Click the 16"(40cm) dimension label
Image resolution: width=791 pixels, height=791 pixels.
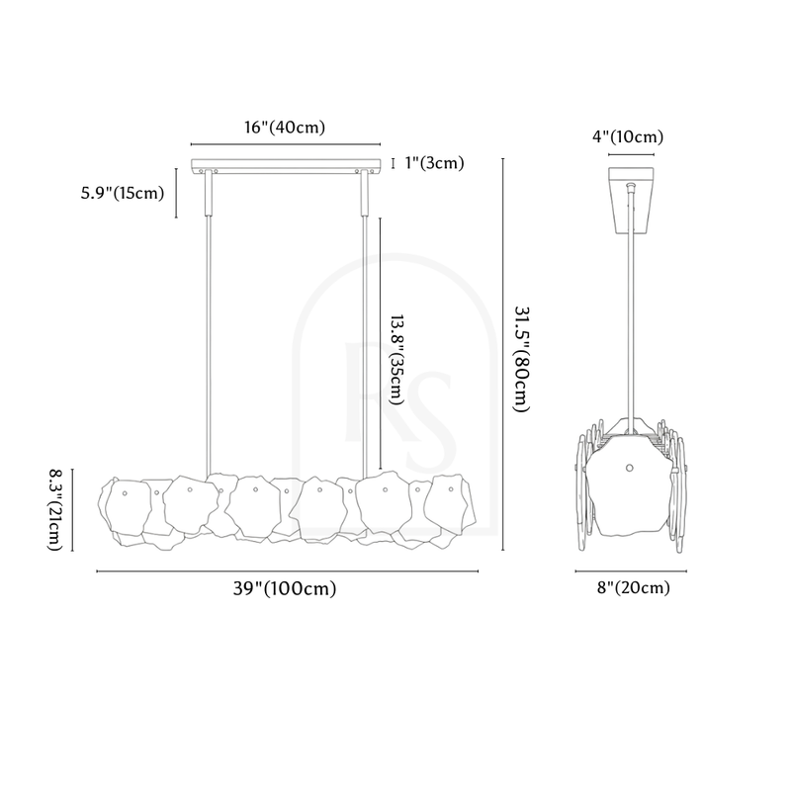tap(285, 128)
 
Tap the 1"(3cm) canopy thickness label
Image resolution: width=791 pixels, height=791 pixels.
tap(434, 163)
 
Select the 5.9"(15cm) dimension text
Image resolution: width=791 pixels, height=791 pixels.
tap(123, 193)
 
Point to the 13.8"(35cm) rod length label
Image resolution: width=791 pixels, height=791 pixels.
tap(396, 360)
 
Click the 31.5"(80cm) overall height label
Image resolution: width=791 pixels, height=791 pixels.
tap(522, 359)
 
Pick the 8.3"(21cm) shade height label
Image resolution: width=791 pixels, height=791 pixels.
tap(55, 510)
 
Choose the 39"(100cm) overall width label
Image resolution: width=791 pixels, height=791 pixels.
tap(285, 588)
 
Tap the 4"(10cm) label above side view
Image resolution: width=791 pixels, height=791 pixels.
tap(628, 136)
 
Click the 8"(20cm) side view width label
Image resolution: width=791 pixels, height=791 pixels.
tap(634, 587)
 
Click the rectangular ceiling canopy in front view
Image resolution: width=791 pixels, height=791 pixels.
tap(286, 166)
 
